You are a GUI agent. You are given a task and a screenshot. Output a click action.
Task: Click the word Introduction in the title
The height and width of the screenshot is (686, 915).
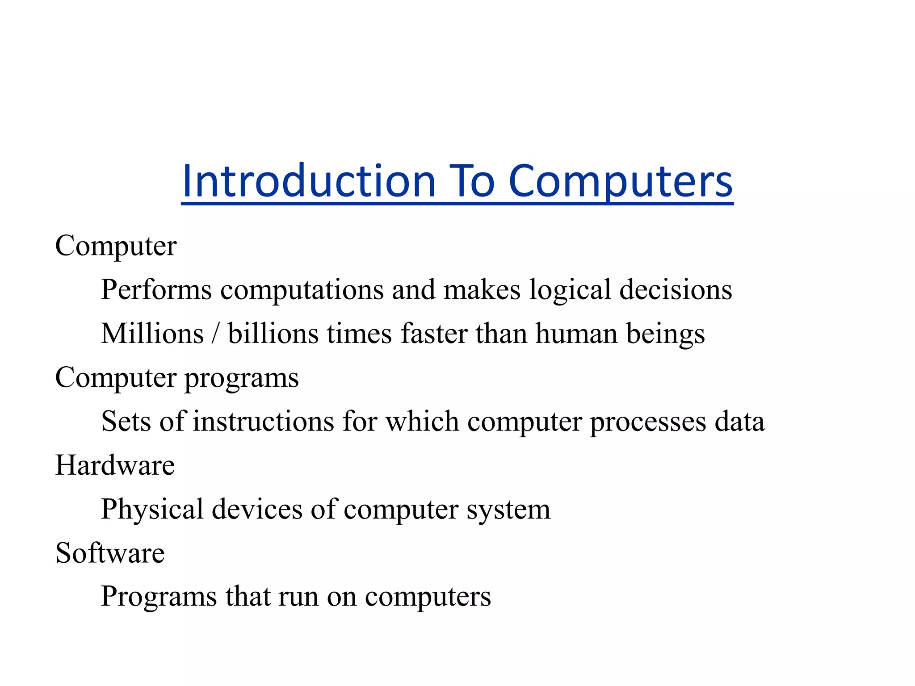tap(309, 181)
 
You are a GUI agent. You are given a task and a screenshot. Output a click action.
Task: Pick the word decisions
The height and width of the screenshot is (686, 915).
tap(676, 289)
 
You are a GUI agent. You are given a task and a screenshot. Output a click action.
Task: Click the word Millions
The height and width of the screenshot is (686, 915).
tap(152, 333)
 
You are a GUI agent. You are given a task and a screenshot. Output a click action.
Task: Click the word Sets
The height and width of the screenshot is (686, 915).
tap(126, 421)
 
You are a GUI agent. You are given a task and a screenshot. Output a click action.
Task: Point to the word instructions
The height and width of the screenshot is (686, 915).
tap(263, 421)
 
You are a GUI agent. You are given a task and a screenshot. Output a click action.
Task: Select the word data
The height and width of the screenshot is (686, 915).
tap(739, 421)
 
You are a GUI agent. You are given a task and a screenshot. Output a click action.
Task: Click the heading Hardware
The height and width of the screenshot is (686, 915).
tap(115, 465)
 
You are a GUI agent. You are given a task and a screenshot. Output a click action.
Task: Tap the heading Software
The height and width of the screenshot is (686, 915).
tap(110, 553)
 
